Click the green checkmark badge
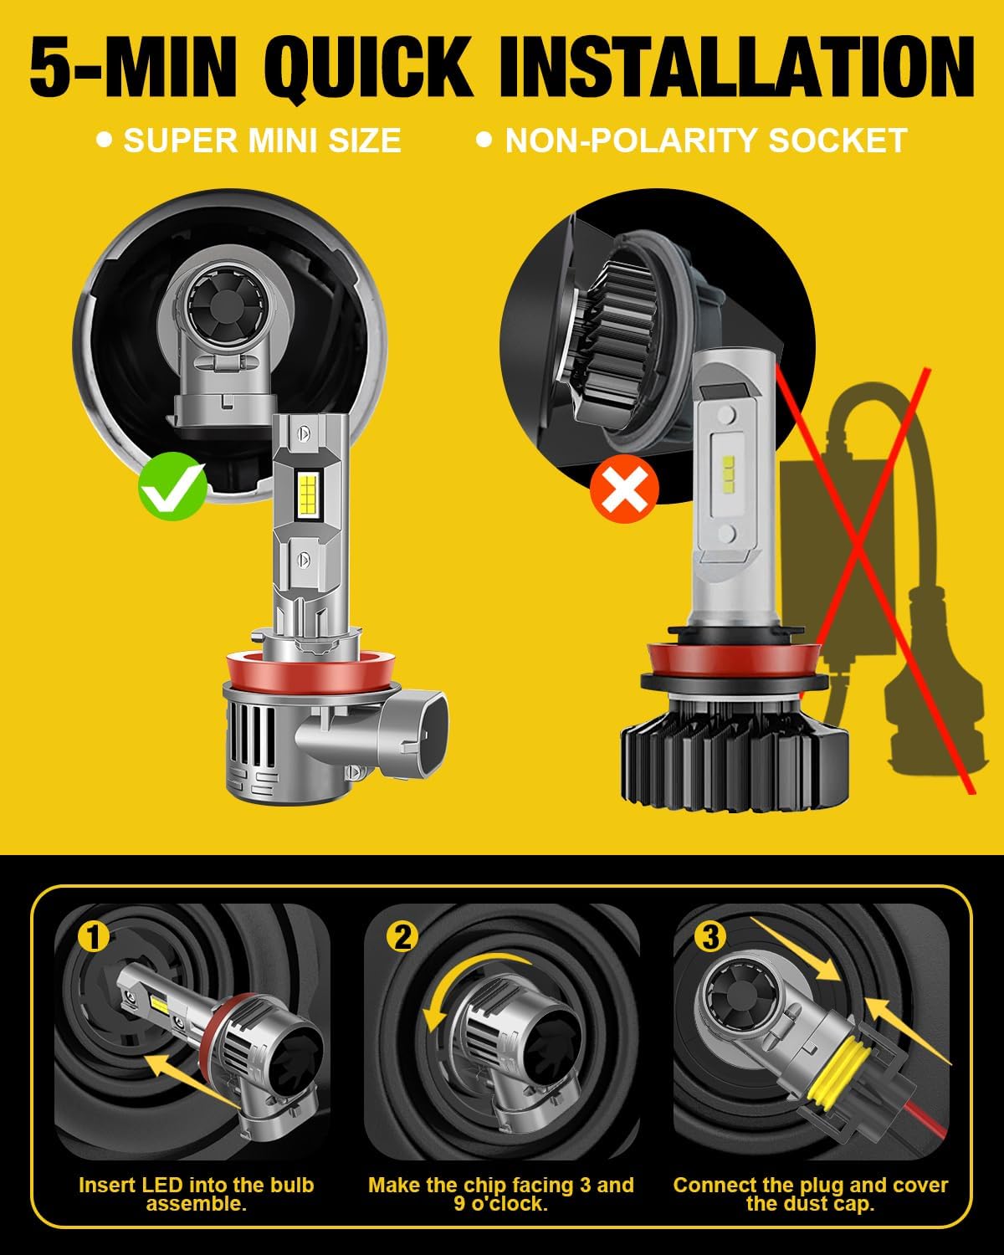[172, 486]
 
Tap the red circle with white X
[624, 489]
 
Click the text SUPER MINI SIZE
[262, 141]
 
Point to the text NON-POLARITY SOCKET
[706, 141]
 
